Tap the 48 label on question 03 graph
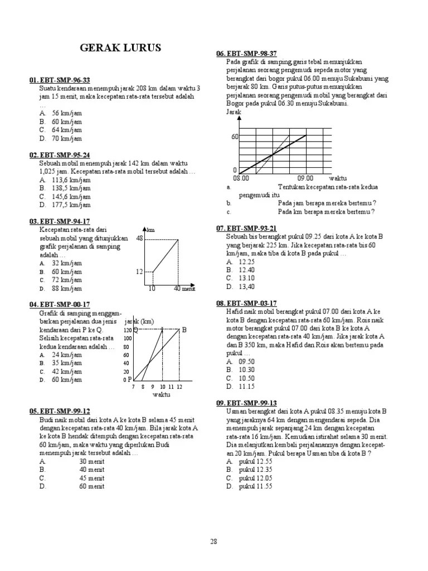140,238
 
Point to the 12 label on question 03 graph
140,272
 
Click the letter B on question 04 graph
184,330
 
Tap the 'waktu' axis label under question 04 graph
161,395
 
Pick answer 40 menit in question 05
91,470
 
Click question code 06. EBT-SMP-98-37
246,53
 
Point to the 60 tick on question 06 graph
235,137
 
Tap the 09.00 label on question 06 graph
305,178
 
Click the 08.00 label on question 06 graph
241,178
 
